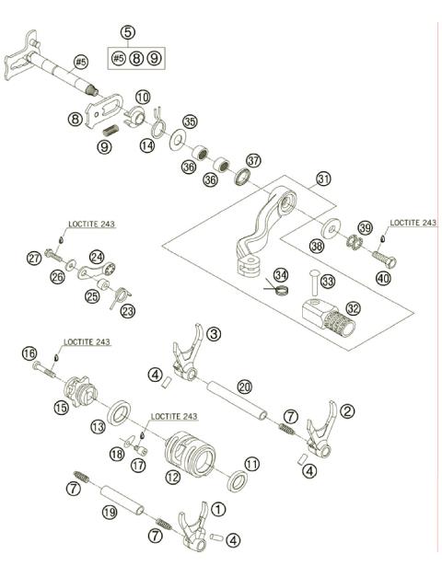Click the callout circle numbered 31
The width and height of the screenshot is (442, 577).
coord(322,179)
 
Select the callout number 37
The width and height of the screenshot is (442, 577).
coord(253,159)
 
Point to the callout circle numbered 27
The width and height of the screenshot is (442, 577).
coord(33,258)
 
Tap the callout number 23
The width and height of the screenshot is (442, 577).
coord(127,312)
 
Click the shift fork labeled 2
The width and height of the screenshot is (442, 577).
coord(322,433)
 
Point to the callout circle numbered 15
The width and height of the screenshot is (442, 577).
coord(61,405)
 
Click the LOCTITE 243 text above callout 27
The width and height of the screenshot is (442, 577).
coord(92,224)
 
